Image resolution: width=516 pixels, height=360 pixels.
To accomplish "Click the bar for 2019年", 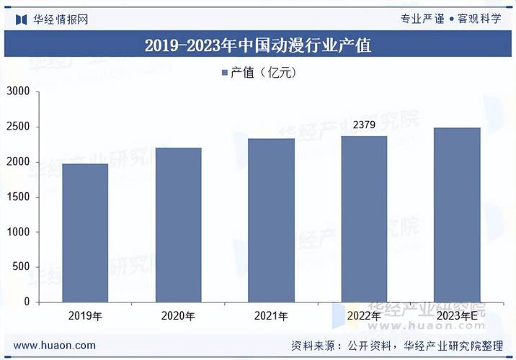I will coord(85,233).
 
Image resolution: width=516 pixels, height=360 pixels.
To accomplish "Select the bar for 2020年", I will coord(178,225).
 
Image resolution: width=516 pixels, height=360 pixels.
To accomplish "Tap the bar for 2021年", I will coord(271,220).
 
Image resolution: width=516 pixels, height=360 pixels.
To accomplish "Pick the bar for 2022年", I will coord(364,218).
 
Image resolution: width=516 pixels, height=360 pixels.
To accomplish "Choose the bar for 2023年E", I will coord(457,215).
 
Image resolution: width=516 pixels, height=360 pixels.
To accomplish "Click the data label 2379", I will coord(364,126).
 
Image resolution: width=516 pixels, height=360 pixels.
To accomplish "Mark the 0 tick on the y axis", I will coord(27,302).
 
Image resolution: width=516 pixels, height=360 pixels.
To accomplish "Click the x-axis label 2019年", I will coord(85,316).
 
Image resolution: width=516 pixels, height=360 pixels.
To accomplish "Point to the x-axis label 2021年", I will coord(271,316).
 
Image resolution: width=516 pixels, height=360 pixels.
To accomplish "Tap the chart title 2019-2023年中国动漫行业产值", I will coord(258,45).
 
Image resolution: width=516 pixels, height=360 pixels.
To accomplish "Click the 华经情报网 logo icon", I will coord(21,19).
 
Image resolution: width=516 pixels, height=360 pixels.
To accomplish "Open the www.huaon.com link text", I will coord(55,346).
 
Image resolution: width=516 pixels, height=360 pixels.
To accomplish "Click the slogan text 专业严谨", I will coord(422,19).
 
